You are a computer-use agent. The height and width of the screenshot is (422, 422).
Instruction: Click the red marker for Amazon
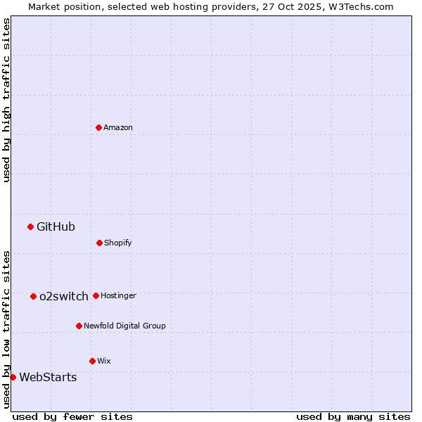point(98,127)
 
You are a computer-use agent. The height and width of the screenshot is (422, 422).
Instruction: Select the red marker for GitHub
point(30,226)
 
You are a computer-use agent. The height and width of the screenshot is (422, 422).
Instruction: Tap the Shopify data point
point(99,243)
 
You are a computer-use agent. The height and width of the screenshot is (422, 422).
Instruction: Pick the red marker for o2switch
point(33,296)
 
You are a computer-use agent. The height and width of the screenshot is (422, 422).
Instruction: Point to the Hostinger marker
point(96,295)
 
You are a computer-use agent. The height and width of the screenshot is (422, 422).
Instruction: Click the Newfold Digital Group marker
point(79,326)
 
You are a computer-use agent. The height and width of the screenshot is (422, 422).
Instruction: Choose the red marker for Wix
point(92,361)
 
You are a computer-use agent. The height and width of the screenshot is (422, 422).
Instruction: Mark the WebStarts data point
point(13,377)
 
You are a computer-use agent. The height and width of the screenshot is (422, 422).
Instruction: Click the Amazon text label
point(118,127)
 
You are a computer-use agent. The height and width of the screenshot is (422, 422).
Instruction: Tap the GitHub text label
point(56,226)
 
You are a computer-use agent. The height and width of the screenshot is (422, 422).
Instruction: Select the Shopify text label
point(118,243)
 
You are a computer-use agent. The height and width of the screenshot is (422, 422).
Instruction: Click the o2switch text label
point(64,296)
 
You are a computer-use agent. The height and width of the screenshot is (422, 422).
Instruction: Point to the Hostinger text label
point(118,295)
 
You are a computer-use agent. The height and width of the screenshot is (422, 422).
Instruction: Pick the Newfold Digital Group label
point(124,326)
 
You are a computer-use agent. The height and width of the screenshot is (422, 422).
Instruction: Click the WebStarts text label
point(48,377)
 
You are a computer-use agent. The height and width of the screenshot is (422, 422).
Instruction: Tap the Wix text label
point(104,361)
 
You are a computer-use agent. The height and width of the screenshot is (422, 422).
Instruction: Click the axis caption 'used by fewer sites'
point(72,416)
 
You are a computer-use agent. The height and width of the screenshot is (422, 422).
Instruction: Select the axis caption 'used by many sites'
point(353,416)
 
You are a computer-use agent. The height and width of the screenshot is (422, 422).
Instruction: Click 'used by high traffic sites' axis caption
point(6,100)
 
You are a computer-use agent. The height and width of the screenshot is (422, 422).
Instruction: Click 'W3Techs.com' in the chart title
point(363,6)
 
